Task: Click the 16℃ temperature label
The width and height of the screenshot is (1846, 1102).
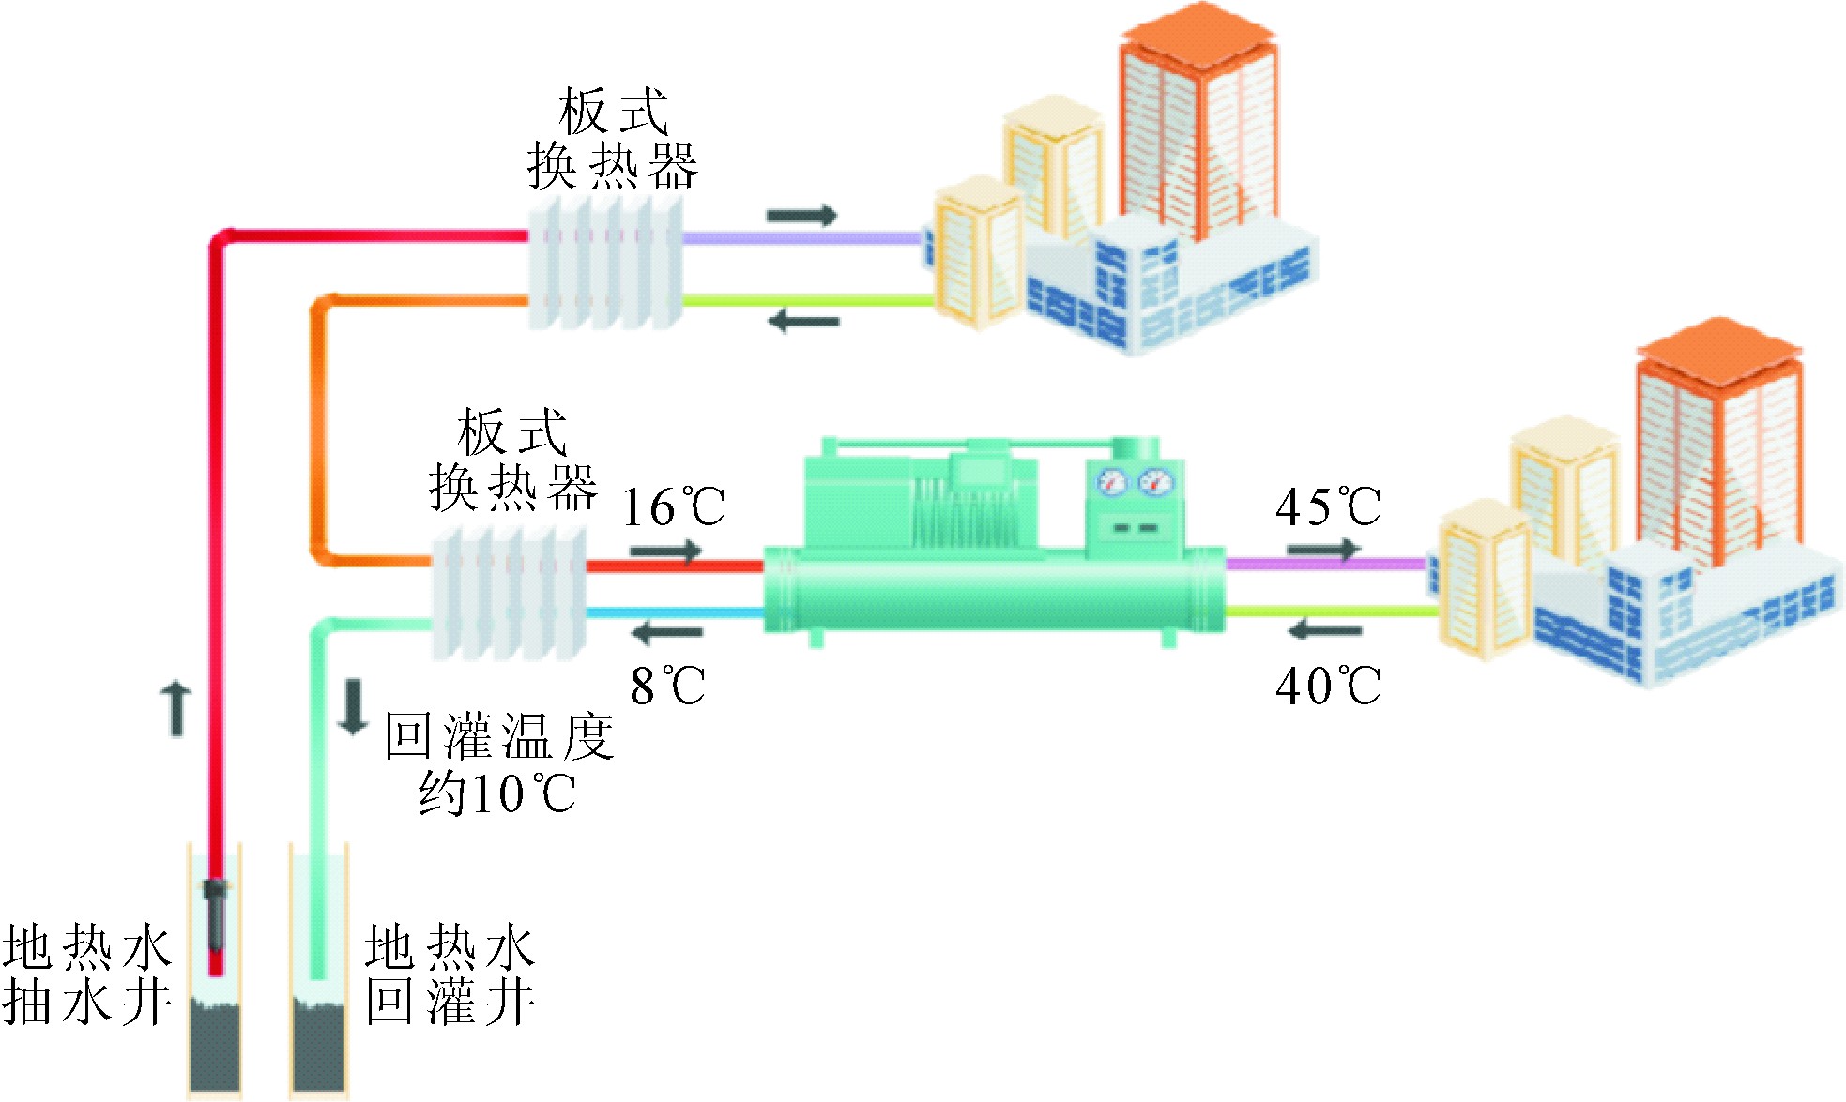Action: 673,507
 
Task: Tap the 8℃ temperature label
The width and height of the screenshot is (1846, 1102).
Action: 667,686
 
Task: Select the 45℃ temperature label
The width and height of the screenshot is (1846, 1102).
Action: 1327,507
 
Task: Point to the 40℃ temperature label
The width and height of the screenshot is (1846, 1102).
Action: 1327,686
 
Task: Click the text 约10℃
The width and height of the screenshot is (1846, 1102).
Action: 496,794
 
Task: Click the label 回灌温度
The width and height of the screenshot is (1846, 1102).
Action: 498,736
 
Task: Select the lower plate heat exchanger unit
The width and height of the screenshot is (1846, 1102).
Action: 510,593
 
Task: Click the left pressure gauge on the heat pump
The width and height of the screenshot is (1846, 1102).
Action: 1112,483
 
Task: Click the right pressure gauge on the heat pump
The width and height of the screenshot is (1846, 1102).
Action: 1154,483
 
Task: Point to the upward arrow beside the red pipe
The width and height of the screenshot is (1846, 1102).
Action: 176,709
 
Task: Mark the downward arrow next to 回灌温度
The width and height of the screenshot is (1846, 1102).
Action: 354,706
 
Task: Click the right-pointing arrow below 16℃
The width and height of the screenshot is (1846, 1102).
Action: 665,551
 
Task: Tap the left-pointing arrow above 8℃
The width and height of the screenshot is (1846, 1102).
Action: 667,633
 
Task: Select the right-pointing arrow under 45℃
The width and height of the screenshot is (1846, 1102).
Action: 1323,549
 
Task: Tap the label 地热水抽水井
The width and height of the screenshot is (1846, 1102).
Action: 86,974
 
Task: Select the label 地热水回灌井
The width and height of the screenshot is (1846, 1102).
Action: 450,974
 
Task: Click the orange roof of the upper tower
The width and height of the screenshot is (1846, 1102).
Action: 1198,38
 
